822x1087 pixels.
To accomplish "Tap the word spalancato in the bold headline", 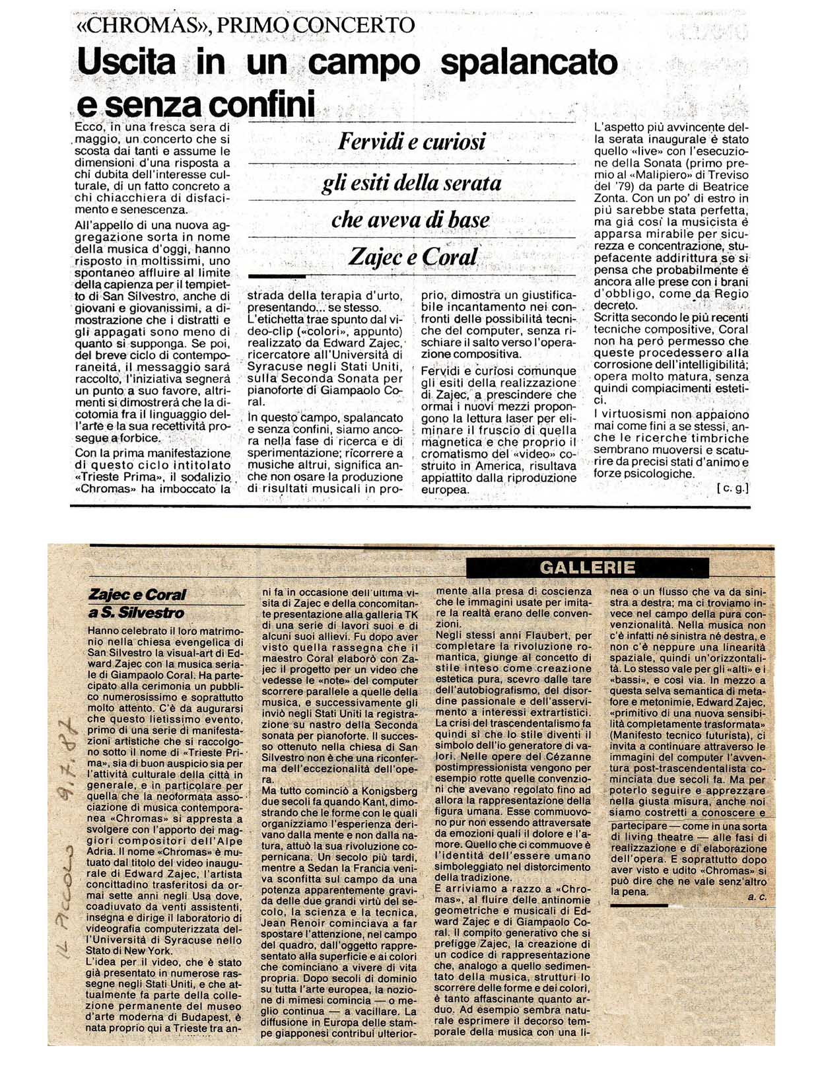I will (x=528, y=63).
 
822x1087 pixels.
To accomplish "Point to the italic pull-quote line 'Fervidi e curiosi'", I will (x=412, y=141).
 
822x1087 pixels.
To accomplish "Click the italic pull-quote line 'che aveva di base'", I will (x=411, y=220).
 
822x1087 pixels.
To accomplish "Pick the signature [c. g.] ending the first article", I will (x=732, y=488).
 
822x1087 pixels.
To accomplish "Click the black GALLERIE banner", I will (x=587, y=568).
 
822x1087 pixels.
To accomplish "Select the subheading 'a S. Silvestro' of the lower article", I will (x=137, y=612).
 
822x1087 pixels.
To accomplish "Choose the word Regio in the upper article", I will (x=732, y=294).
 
